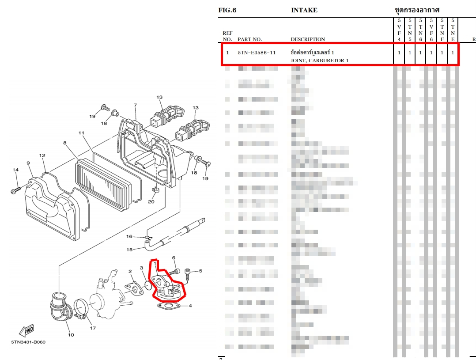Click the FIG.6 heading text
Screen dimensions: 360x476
(x=227, y=10)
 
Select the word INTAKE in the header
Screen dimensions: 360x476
(x=304, y=10)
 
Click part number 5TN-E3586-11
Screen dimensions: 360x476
(x=257, y=53)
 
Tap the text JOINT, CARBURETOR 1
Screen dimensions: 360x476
(x=319, y=61)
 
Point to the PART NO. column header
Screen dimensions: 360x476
(x=249, y=39)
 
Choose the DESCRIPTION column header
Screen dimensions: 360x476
(x=308, y=39)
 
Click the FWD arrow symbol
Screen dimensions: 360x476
(x=27, y=330)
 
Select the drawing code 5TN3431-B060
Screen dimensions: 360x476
(x=28, y=342)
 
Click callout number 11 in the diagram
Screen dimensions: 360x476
(x=81, y=133)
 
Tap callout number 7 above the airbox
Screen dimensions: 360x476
(x=135, y=105)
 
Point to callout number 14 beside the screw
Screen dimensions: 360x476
(x=15, y=170)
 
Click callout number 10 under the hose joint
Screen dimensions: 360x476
(x=71, y=334)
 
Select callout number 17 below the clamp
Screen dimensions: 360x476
(x=93, y=328)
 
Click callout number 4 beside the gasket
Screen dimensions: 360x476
(x=190, y=305)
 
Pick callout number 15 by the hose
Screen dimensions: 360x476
(x=129, y=250)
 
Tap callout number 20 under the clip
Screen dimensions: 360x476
(x=151, y=202)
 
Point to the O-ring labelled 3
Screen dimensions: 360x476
(x=147, y=281)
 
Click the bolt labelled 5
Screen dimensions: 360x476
(x=188, y=274)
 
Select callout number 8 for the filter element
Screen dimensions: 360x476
(x=65, y=143)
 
